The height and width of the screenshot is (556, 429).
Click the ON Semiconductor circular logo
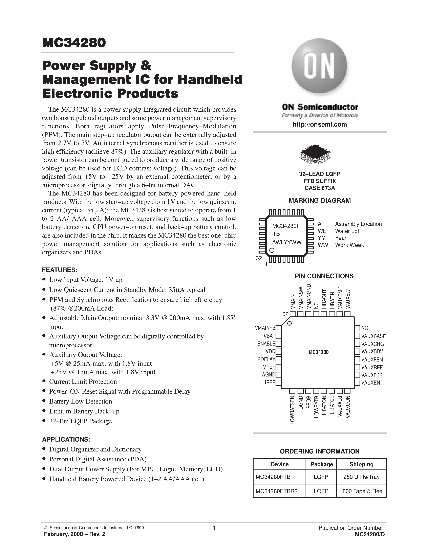pyautogui.click(x=319, y=67)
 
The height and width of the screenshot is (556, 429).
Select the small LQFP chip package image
pyautogui.click(x=315, y=154)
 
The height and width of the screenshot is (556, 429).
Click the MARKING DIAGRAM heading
pyautogui.click(x=319, y=201)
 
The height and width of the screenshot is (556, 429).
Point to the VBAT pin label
pyautogui.click(x=269, y=336)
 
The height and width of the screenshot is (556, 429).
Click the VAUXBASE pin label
pyautogui.click(x=373, y=336)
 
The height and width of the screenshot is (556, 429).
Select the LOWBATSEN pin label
pyautogui.click(x=292, y=410)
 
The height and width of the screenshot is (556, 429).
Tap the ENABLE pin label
pyautogui.click(x=266, y=344)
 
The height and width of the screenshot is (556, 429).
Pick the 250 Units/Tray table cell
pyautogui.click(x=361, y=477)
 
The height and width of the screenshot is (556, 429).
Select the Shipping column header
pyautogui.click(x=361, y=464)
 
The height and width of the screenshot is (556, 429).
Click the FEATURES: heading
pyautogui.click(x=60, y=270)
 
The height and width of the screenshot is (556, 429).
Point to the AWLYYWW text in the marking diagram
pyautogui.click(x=287, y=242)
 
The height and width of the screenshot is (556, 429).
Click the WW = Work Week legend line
pyautogui.click(x=341, y=245)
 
